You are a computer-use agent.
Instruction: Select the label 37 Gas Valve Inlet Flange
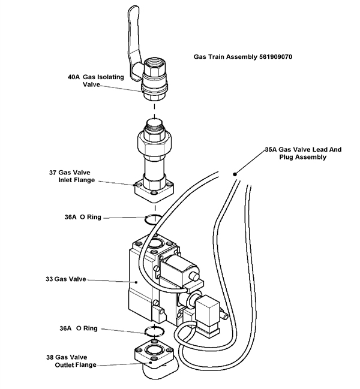[x=73, y=176]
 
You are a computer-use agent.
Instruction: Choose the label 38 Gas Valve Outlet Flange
[x=75, y=361]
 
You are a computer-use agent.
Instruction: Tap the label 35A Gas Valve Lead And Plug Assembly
[x=302, y=153]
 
